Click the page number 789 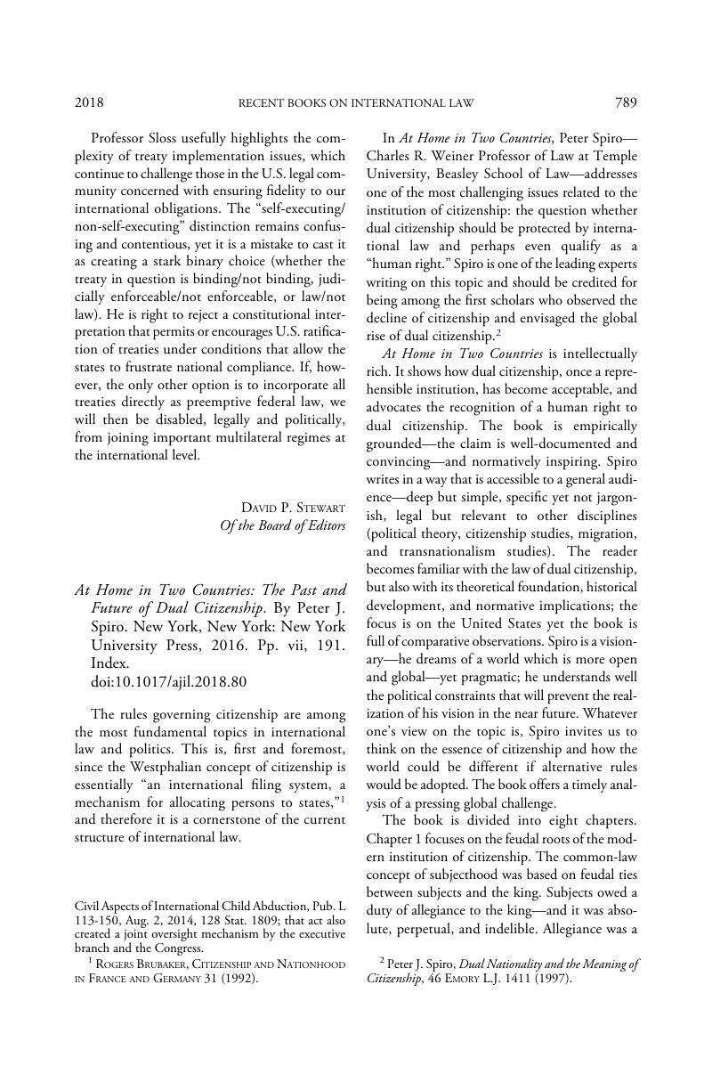pyautogui.click(x=626, y=102)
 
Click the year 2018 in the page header pyautogui.click(x=89, y=102)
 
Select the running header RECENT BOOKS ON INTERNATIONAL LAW pyautogui.click(x=356, y=103)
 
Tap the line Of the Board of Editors pyautogui.click(x=282, y=525)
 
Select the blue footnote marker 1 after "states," pyautogui.click(x=343, y=799)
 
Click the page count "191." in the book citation pyautogui.click(x=330, y=645)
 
